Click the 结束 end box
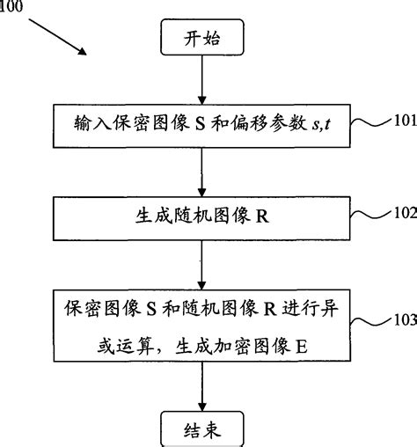tap(203, 429)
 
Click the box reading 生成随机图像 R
tap(202, 216)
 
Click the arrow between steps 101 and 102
tap(203, 172)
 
